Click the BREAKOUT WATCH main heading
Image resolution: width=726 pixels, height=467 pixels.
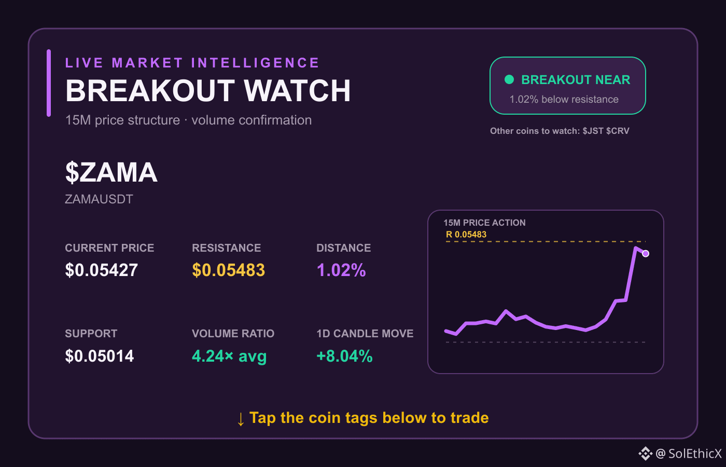point(208,91)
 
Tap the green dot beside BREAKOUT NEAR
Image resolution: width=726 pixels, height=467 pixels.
point(509,79)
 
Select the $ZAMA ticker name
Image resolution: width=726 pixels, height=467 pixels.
point(111,172)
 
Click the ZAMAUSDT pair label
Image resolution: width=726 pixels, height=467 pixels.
point(99,199)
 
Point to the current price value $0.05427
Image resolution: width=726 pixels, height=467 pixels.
point(102,270)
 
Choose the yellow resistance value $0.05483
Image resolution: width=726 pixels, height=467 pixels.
point(229,270)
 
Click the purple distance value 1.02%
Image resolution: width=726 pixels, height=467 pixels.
point(341,270)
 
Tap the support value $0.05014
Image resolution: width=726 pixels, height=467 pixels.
point(99,356)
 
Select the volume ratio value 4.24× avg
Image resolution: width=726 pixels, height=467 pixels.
point(229,356)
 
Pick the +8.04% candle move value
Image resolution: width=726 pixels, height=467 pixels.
point(344,356)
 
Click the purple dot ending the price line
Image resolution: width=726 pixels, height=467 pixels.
point(646,254)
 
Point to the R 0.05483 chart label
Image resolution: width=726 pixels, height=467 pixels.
point(466,235)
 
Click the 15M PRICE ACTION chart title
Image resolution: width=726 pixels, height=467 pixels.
point(484,223)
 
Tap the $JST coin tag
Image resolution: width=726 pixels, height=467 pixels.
point(593,131)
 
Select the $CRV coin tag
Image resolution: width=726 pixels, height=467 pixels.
point(618,131)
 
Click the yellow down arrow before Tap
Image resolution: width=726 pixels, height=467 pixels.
point(241,419)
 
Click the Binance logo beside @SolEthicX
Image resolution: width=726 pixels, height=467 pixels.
point(645,454)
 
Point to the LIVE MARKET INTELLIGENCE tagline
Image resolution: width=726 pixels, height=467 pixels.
point(192,63)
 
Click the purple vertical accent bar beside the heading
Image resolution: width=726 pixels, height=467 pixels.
point(49,83)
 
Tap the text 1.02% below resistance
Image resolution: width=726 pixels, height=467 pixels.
point(564,99)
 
